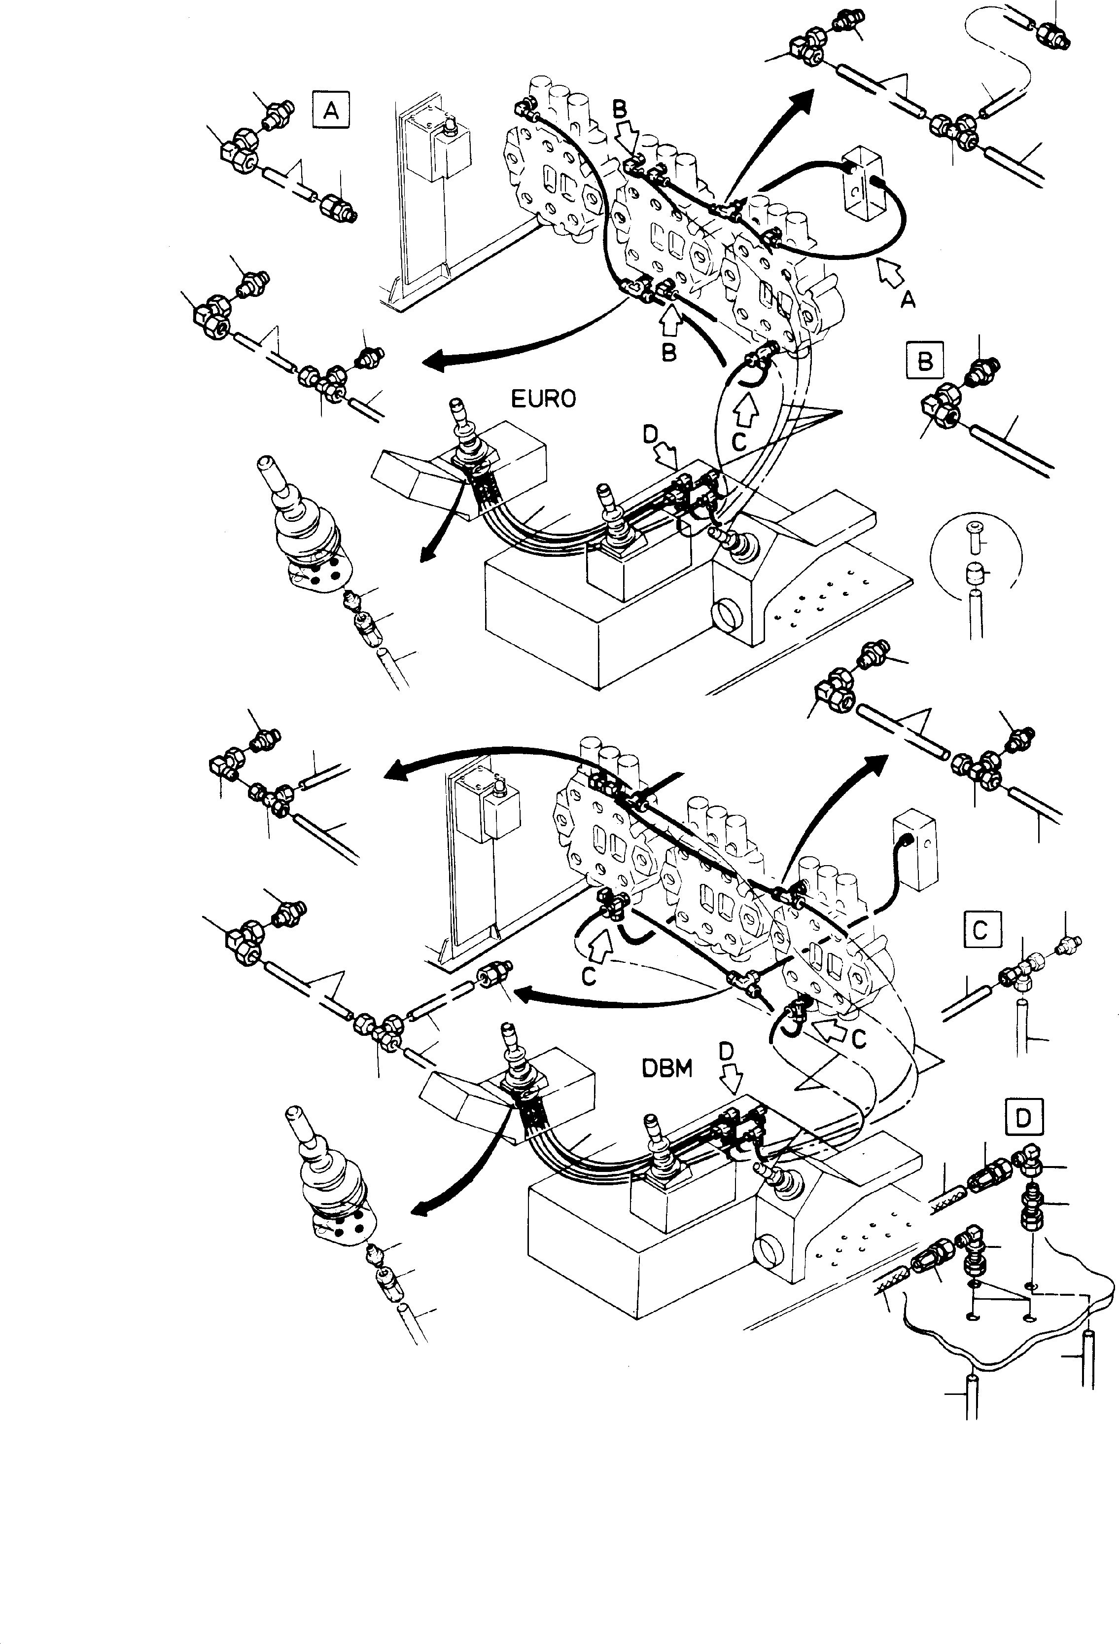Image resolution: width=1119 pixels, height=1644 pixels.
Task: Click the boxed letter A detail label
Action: tap(330, 110)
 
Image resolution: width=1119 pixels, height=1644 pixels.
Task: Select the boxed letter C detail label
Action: tap(980, 929)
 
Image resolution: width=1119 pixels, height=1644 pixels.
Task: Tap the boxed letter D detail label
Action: tap(1023, 1118)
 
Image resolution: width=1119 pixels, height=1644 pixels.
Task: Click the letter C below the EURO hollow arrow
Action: tap(738, 442)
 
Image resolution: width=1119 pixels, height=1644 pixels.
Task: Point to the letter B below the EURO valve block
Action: tap(669, 352)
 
